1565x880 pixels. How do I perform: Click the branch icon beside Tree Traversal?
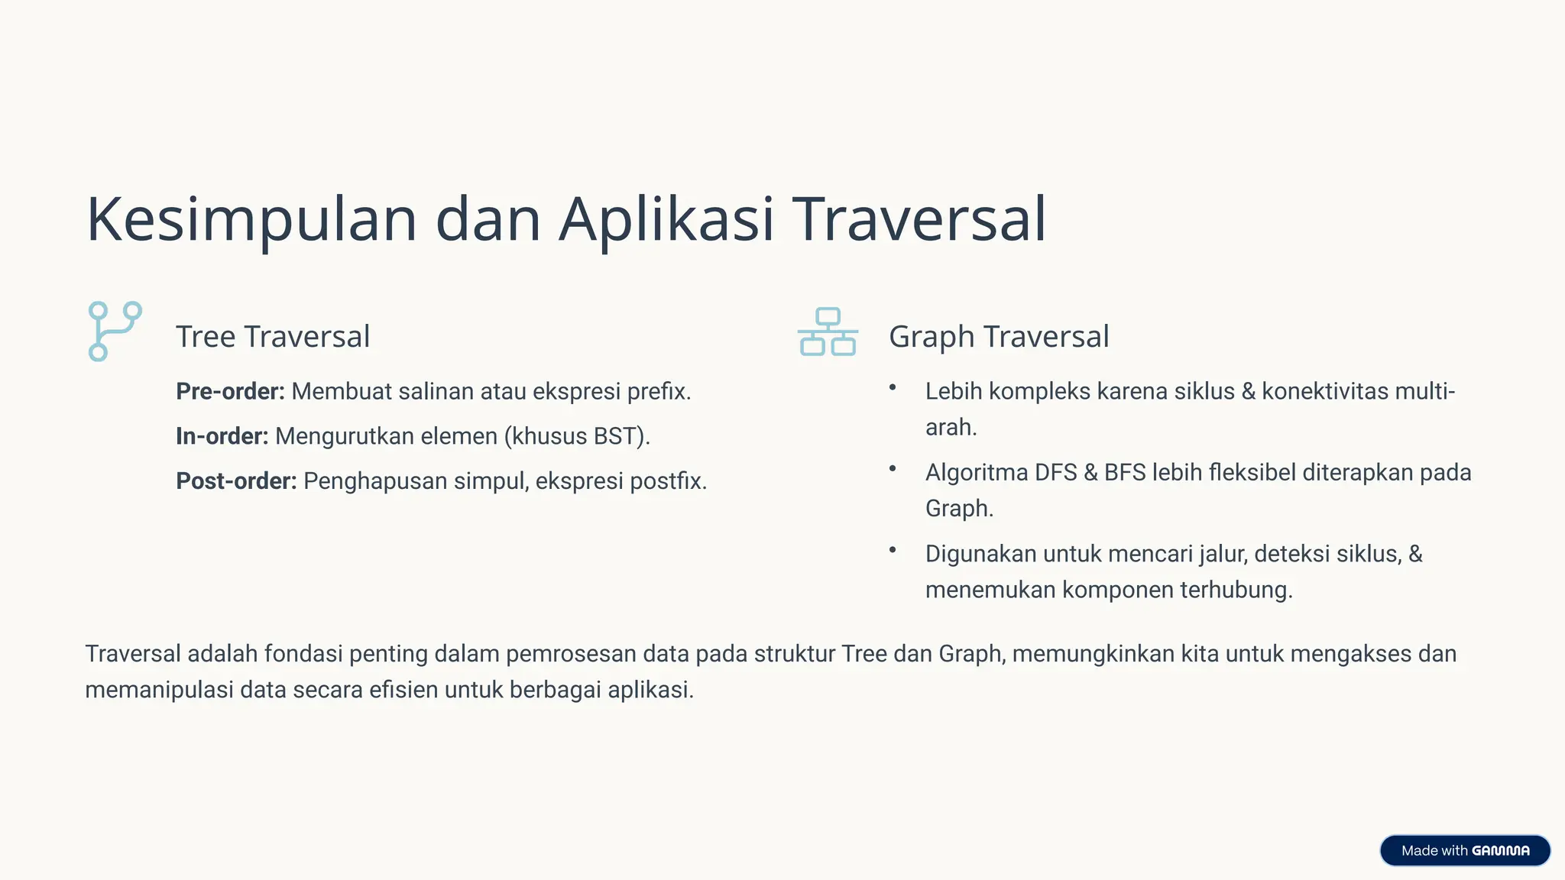pos(115,331)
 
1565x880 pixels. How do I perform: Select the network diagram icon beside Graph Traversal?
pos(828,332)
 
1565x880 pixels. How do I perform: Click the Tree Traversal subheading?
pos(273,337)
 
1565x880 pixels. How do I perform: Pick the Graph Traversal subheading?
pos(999,337)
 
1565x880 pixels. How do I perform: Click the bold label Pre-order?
pos(230,391)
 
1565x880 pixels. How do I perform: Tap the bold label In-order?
pos(222,436)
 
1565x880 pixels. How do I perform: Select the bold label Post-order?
pos(236,481)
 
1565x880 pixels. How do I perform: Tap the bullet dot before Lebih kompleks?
pos(892,387)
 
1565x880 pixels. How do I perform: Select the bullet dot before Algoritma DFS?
pos(892,469)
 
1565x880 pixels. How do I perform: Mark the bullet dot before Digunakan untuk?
pos(892,550)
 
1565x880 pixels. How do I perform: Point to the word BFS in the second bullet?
pos(1125,473)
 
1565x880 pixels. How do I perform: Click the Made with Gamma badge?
pos(1464,850)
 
